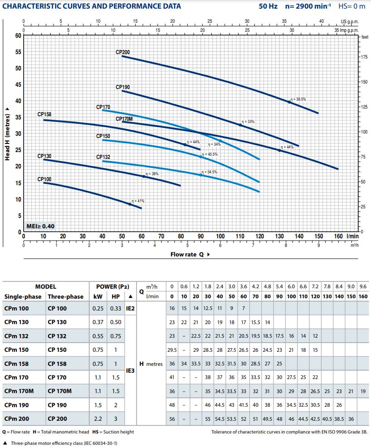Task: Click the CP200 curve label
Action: tap(122, 53)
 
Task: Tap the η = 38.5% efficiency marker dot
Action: tap(289, 102)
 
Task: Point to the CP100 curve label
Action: tap(44, 179)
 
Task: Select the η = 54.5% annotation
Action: tap(209, 172)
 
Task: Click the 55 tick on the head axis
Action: tap(19, 52)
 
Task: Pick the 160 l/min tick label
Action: tap(339, 236)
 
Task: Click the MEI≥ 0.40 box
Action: tap(40, 226)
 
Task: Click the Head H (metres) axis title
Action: tap(8, 134)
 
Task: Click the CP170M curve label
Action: tap(124, 119)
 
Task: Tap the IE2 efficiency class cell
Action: tap(131, 309)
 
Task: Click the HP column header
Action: tap(115, 296)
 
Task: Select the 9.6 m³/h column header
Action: tap(363, 287)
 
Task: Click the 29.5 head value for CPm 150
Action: tap(172, 350)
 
